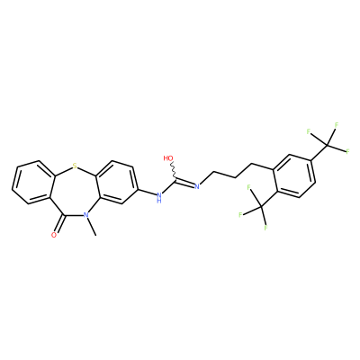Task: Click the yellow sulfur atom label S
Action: click(x=75, y=165)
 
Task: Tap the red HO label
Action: click(x=169, y=158)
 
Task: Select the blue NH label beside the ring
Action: click(x=159, y=198)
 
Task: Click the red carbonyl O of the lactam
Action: click(x=54, y=235)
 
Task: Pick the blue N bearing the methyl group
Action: click(x=85, y=215)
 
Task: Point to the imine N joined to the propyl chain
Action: click(x=197, y=186)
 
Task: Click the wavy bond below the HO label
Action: click(x=174, y=171)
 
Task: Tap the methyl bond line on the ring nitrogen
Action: click(x=91, y=226)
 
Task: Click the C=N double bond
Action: click(x=184, y=183)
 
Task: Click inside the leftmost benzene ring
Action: click(x=33, y=182)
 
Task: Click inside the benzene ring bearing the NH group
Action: click(x=116, y=182)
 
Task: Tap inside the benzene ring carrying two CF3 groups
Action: click(x=294, y=175)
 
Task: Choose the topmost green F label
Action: click(x=337, y=125)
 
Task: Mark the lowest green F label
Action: click(x=265, y=228)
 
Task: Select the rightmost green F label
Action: click(x=348, y=151)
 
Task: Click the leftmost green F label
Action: click(x=240, y=215)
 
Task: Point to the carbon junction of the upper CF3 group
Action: click(x=328, y=146)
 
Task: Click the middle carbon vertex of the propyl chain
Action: click(x=235, y=177)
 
